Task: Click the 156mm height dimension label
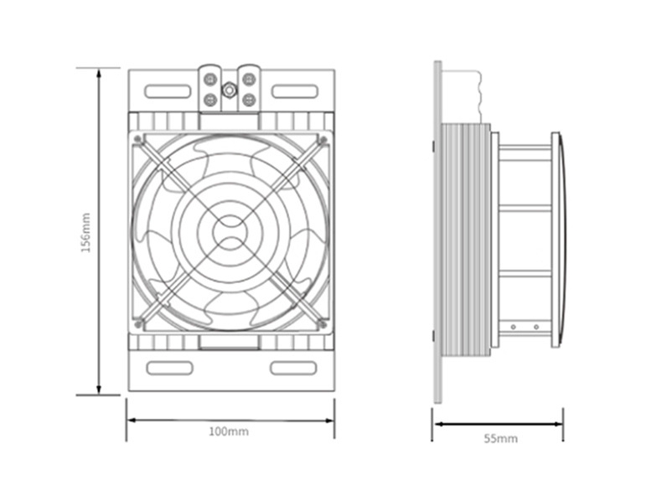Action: [x=85, y=233]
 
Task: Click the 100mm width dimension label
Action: [x=229, y=431]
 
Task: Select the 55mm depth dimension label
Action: [x=501, y=438]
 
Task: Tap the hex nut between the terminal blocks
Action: [x=230, y=90]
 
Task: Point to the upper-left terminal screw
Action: [x=209, y=80]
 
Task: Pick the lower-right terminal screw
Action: [x=249, y=100]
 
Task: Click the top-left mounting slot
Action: [x=168, y=91]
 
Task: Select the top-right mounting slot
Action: [x=294, y=91]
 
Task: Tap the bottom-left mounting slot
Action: [x=169, y=368]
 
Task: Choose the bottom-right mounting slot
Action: [x=293, y=368]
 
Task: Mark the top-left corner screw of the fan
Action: [x=137, y=139]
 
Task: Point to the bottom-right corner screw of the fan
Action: [x=323, y=324]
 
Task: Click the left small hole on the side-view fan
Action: [x=514, y=327]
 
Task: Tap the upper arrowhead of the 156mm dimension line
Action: [x=99, y=75]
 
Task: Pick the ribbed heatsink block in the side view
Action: [x=465, y=240]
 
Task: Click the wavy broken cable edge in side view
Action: [x=479, y=97]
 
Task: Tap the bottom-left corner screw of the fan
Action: [x=137, y=324]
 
